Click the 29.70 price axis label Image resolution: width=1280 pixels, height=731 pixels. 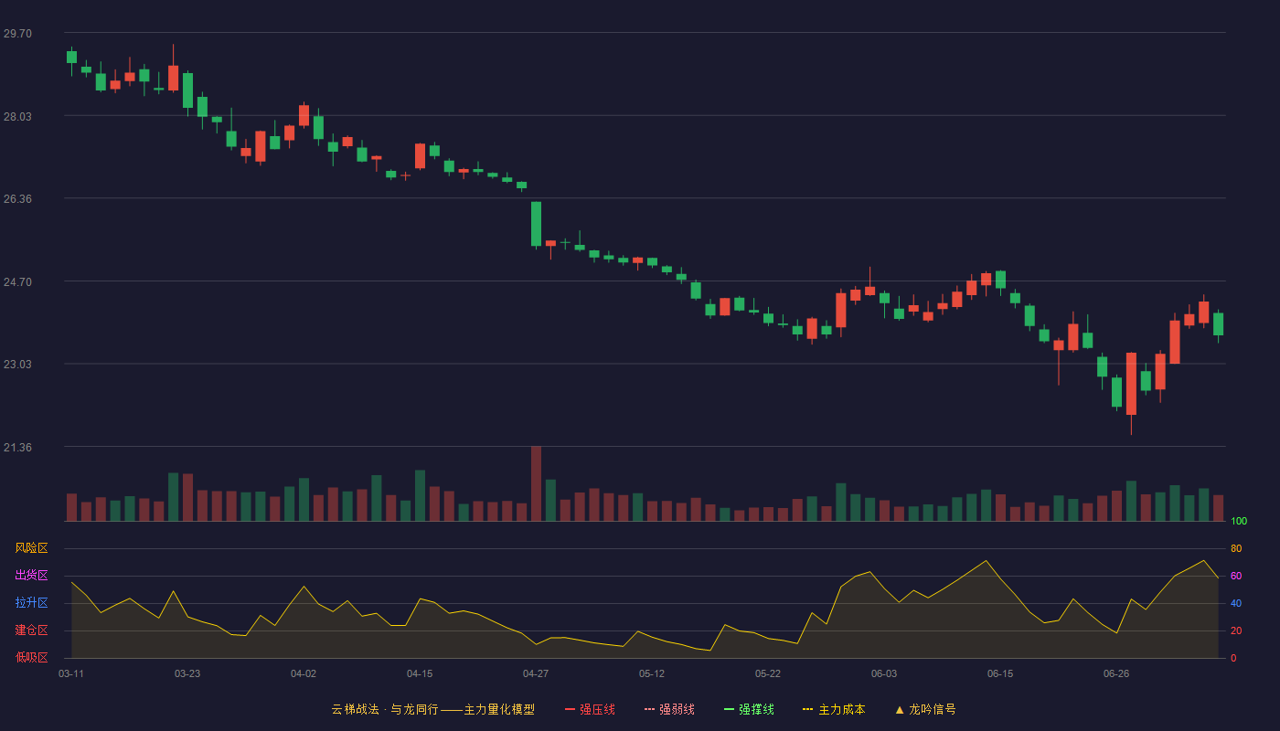[x=17, y=34]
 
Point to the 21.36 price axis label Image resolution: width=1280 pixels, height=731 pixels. [x=17, y=447]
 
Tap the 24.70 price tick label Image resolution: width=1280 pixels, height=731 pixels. [x=17, y=282]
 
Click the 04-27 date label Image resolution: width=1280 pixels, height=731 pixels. [x=536, y=674]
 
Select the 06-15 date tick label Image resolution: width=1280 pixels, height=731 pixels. [x=1000, y=674]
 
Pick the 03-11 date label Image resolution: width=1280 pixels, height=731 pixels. [x=71, y=674]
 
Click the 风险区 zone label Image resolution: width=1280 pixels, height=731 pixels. [x=31, y=548]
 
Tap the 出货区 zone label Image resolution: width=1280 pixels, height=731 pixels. [x=31, y=575]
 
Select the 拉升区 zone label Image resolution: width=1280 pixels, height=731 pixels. [x=31, y=602]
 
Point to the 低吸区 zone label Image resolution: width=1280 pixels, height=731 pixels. [x=31, y=657]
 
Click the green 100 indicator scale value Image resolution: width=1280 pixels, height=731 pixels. [x=1239, y=521]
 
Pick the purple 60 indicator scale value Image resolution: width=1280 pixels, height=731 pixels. [x=1236, y=576]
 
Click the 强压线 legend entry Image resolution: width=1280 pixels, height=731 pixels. [x=590, y=709]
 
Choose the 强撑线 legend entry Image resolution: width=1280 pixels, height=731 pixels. [x=749, y=709]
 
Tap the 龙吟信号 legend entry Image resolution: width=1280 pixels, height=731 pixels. [x=925, y=709]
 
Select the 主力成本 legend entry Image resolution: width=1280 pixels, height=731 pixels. [x=834, y=709]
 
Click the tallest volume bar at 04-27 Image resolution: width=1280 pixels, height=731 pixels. [x=536, y=483]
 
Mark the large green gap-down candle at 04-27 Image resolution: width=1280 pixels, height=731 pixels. [x=536, y=224]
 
